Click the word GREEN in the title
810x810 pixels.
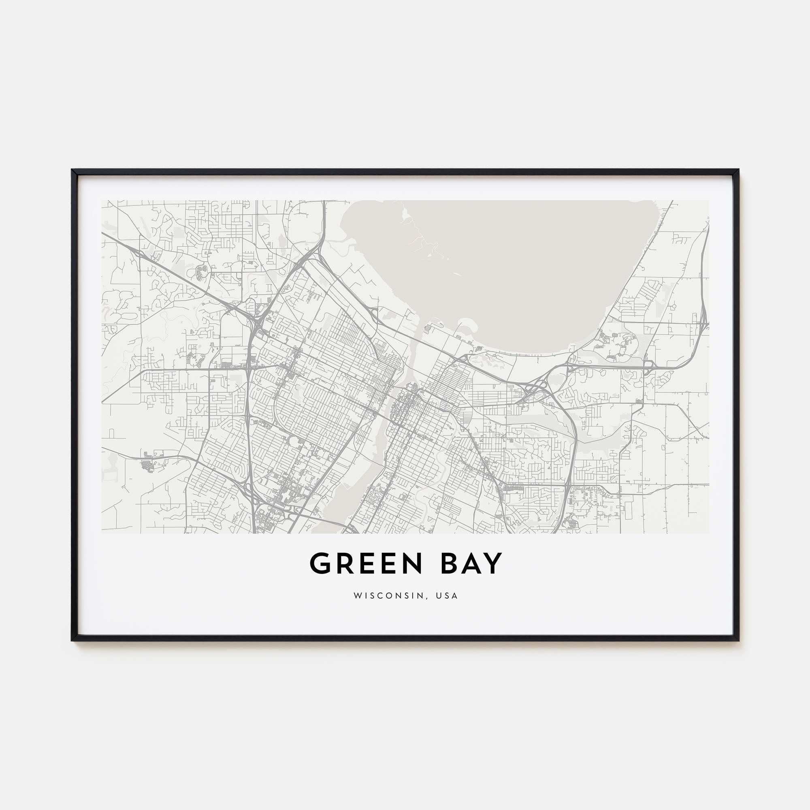365,563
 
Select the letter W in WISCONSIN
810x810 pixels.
357,596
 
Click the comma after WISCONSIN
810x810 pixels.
428,597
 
